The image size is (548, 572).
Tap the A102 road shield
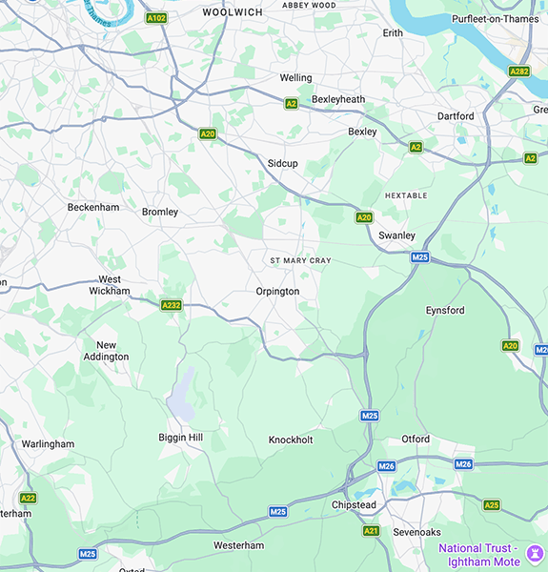pos(155,18)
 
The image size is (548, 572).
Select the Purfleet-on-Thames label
pos(495,19)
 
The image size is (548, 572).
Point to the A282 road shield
pos(519,71)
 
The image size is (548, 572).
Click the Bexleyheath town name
pos(338,99)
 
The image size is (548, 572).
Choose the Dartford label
pos(456,116)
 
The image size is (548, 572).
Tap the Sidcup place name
pos(282,164)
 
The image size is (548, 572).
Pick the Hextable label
pos(407,195)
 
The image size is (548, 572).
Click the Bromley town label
pos(160,212)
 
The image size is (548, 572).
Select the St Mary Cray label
pos(300,260)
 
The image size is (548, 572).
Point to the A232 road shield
pos(171,305)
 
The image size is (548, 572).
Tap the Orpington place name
pos(277,292)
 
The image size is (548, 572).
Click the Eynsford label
pos(445,311)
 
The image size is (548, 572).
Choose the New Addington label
pos(112,351)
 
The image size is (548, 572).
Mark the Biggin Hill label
pos(181,438)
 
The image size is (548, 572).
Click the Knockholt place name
pos(291,440)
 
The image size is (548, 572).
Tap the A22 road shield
pos(28,498)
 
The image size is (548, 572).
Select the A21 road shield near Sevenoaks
pos(371,531)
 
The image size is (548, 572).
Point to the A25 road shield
pos(492,505)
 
